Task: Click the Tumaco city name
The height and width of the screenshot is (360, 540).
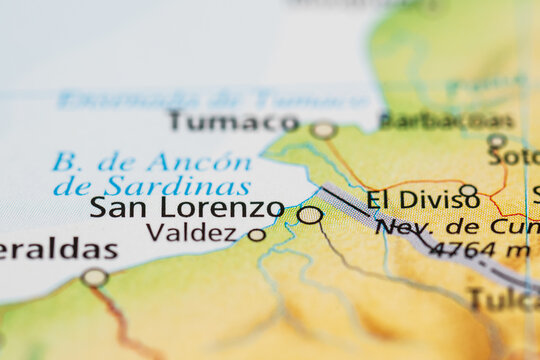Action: [233, 121]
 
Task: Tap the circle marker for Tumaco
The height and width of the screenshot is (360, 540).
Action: [322, 130]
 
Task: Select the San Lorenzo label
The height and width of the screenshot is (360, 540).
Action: [186, 208]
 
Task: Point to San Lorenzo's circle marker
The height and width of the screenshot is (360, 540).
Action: [310, 214]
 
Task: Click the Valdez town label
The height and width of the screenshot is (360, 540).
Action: [191, 233]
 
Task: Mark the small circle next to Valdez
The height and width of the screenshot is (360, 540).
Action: [257, 235]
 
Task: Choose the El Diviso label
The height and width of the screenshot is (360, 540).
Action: [423, 199]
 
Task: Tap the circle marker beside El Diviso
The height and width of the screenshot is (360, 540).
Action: [468, 190]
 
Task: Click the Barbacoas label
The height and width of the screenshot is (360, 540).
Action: [446, 120]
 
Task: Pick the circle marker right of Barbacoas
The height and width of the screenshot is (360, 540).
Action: [497, 141]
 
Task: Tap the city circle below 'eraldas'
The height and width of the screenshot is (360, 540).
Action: [95, 277]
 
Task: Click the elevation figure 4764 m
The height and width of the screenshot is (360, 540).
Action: [479, 250]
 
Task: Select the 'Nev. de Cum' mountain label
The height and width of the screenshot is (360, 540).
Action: [456, 227]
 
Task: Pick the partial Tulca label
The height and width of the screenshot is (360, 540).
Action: [504, 298]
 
